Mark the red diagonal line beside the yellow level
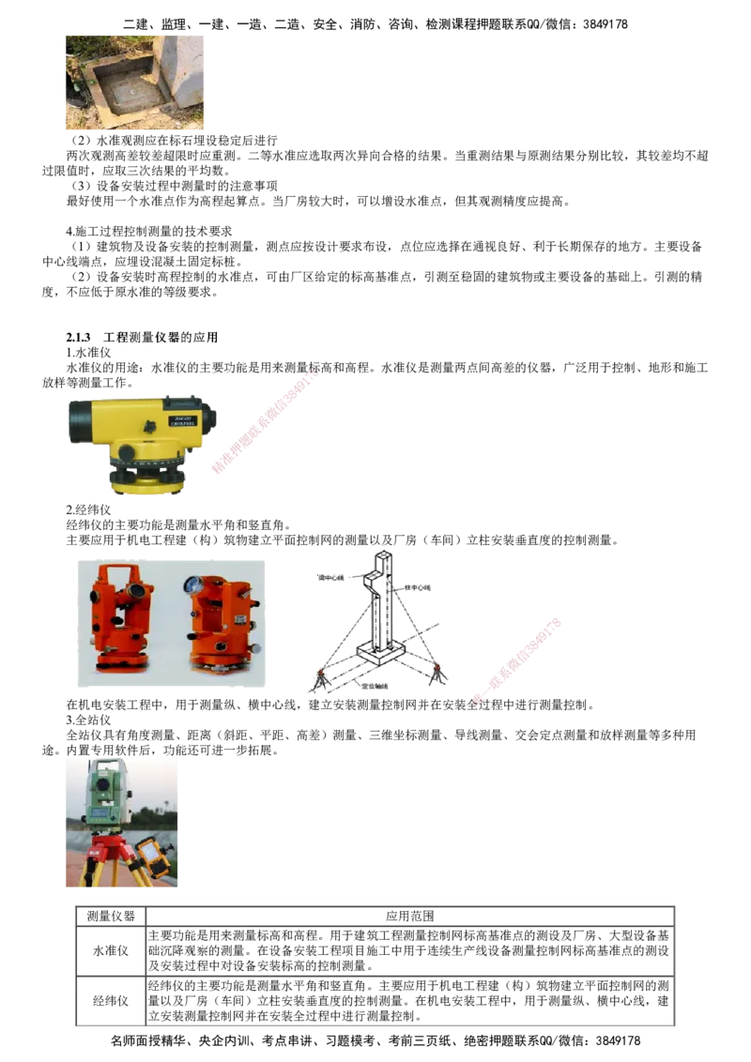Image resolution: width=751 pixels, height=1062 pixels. click(265, 422)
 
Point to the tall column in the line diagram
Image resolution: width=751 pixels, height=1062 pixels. click(382, 600)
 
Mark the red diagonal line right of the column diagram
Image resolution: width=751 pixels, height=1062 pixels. click(517, 660)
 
